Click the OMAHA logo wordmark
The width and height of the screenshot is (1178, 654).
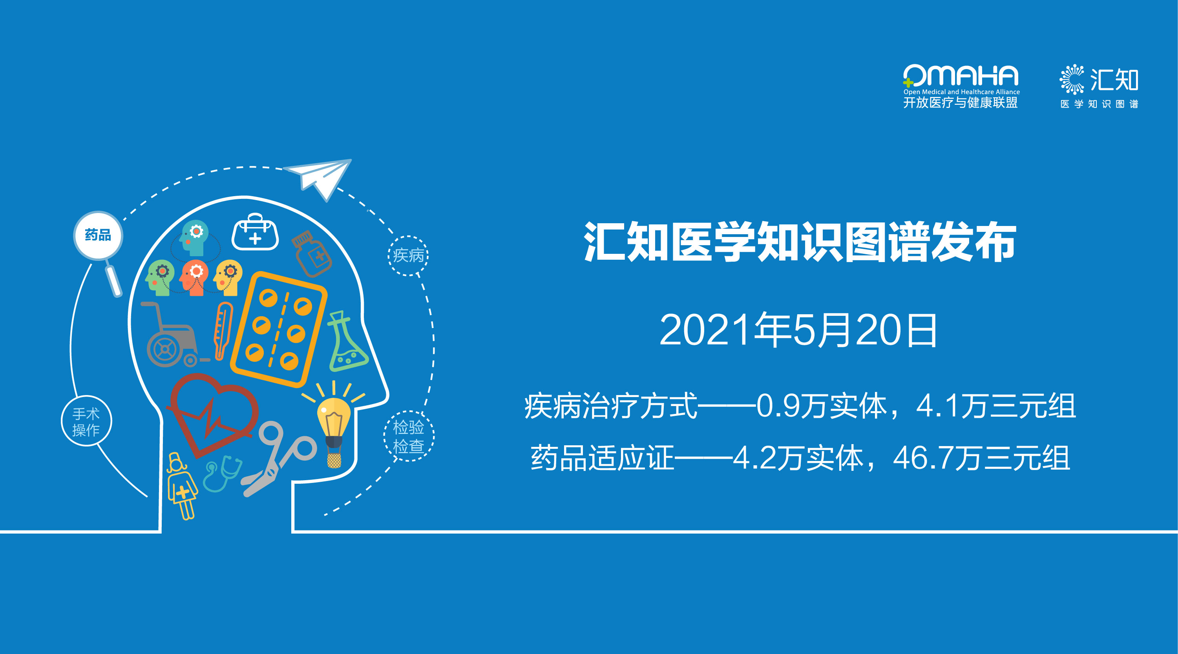960,75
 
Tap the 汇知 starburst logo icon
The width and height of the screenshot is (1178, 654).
1072,80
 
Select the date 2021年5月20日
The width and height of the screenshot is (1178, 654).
798,330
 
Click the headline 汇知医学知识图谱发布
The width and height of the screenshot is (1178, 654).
800,242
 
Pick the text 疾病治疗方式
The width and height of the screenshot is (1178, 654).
611,405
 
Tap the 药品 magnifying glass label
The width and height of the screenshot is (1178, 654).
98,235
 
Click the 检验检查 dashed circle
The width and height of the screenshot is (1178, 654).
408,436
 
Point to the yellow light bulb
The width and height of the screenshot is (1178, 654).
334,425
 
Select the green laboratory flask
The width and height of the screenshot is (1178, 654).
347,342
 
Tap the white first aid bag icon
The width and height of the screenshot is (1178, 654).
255,232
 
